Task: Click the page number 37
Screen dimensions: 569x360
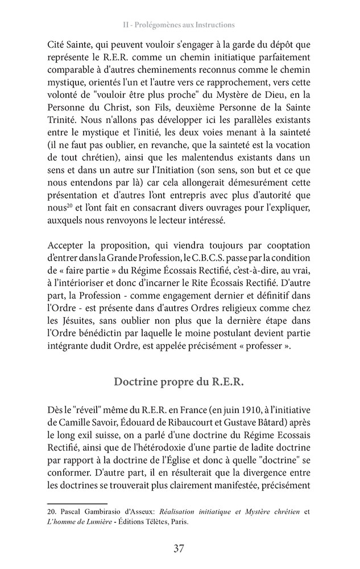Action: (x=179, y=549)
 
